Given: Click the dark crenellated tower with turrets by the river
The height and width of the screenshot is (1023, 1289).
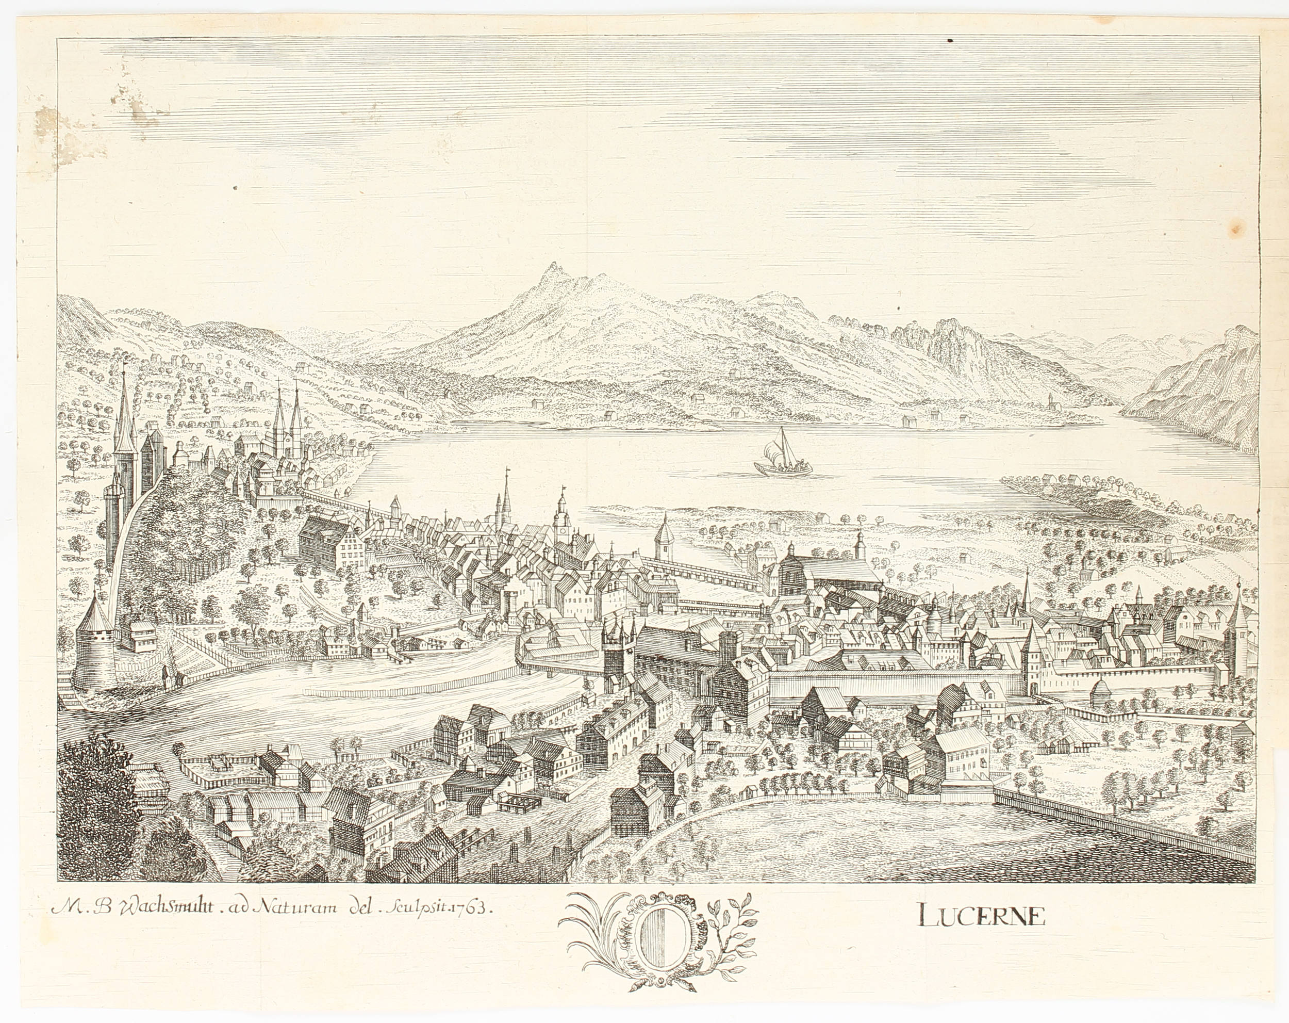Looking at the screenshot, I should click(x=619, y=652).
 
